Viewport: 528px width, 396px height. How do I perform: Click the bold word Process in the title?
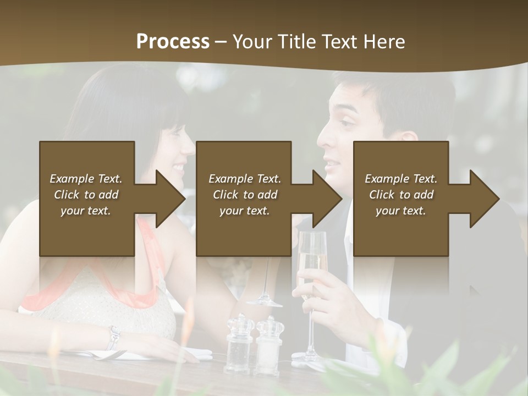point(173,41)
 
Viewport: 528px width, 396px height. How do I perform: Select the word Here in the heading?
point(383,41)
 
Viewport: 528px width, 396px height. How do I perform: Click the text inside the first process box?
point(86,195)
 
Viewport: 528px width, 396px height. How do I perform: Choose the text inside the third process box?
point(401,195)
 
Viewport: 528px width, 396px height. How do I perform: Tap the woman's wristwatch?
point(114,337)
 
